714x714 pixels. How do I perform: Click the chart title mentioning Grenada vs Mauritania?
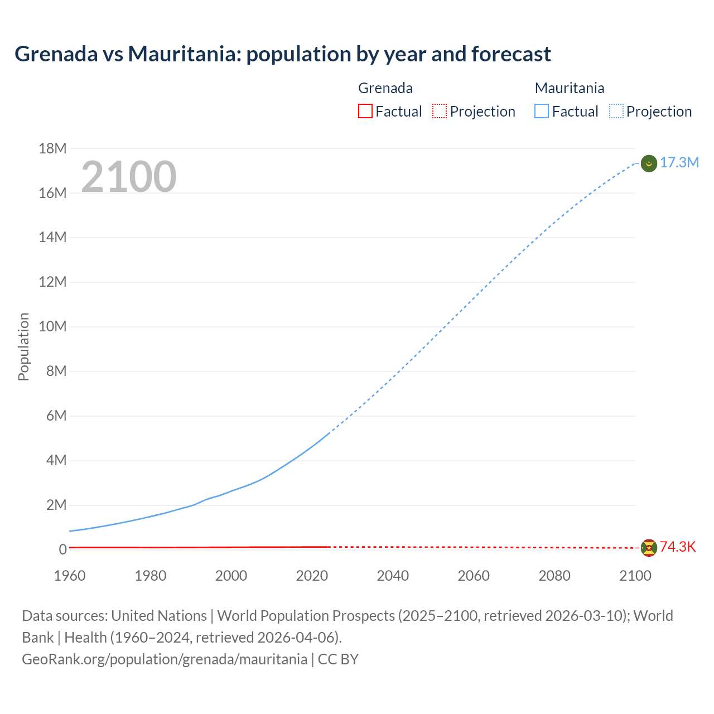point(282,54)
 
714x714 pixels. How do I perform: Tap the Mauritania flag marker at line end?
point(649,163)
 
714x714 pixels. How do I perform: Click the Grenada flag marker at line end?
point(649,548)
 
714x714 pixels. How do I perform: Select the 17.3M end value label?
point(679,162)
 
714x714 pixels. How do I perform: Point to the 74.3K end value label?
point(678,547)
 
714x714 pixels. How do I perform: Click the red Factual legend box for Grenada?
point(365,111)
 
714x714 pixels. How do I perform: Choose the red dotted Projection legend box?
point(440,111)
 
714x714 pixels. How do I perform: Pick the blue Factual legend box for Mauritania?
point(541,111)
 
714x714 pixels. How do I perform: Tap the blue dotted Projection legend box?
point(616,111)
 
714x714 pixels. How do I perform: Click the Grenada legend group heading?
point(385,88)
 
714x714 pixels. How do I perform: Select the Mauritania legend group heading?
point(569,88)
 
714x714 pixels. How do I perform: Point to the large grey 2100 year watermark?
point(129,177)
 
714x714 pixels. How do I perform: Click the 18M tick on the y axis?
point(52,148)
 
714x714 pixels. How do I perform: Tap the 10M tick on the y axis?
point(52,326)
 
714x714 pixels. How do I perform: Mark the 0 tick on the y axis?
point(62,549)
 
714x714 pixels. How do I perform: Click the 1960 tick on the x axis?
point(70,576)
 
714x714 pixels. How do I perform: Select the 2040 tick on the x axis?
point(393,576)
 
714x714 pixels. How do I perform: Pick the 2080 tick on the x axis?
point(554,576)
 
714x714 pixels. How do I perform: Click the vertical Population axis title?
point(23,346)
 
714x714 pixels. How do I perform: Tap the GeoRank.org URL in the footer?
point(165,659)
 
